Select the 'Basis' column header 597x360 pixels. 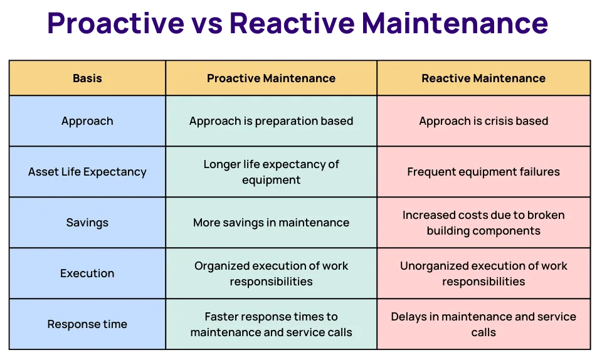tap(87, 78)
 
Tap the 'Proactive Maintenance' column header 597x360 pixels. tap(271, 78)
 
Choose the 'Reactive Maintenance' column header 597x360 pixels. tap(483, 78)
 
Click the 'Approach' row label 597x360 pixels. tap(87, 121)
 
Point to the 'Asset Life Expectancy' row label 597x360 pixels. tap(87, 172)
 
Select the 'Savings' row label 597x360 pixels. tap(87, 223)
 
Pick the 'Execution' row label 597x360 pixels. tap(87, 273)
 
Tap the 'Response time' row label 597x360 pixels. tap(87, 324)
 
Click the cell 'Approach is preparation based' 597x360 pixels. tap(271, 121)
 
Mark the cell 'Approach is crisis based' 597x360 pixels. tap(483, 121)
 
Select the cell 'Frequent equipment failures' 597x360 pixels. tap(483, 172)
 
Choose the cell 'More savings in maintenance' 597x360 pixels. tap(271, 223)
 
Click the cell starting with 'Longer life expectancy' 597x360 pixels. tap(271, 172)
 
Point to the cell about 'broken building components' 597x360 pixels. tap(483, 223)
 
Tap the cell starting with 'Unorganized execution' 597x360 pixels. tap(483, 273)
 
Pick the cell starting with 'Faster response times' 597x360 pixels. tap(271, 324)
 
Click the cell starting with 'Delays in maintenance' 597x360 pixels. tap(483, 324)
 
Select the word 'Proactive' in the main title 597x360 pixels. tap(115, 24)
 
